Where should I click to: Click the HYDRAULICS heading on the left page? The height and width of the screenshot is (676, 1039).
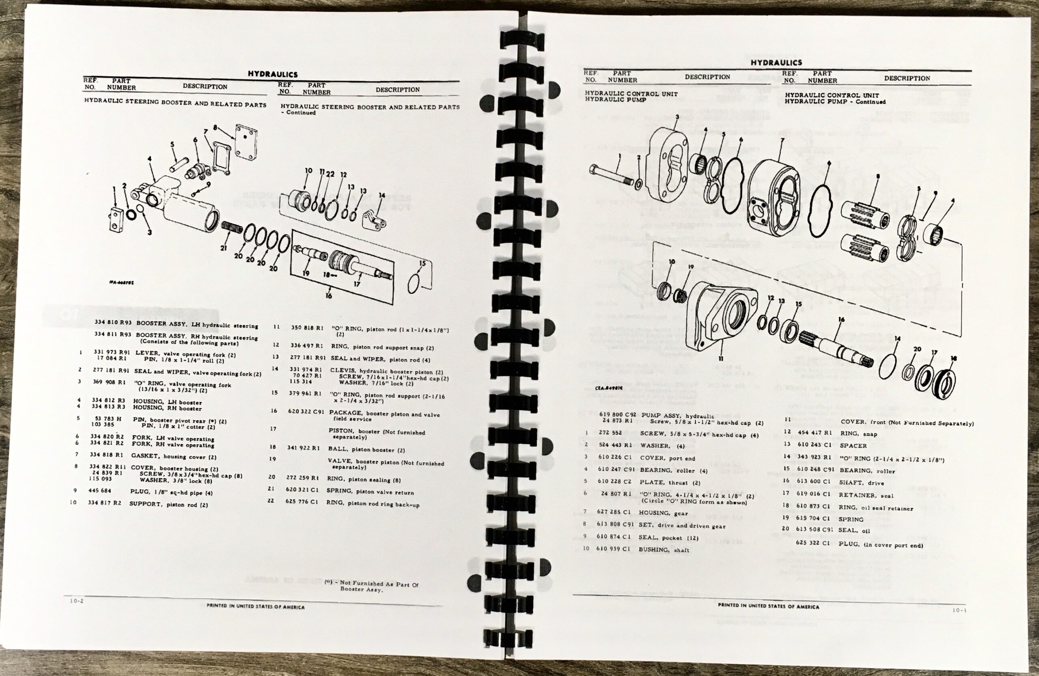point(272,74)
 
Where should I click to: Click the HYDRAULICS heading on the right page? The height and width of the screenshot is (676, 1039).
point(776,63)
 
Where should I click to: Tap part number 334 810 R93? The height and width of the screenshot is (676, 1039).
point(113,323)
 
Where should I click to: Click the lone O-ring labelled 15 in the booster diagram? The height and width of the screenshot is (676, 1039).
point(415,283)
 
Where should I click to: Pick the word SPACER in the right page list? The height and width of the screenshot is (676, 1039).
point(853,446)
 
